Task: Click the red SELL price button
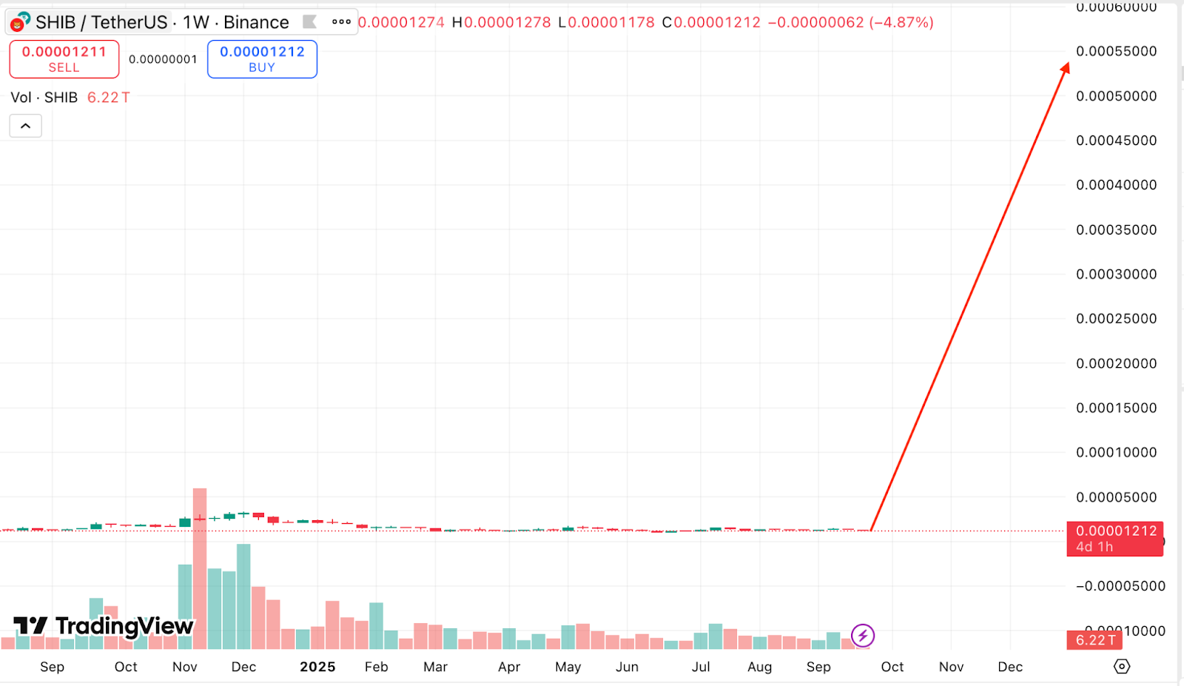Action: click(64, 59)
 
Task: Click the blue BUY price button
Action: click(262, 59)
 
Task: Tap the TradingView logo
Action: click(104, 626)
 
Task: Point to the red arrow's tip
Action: click(1068, 64)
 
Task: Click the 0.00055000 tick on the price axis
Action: click(1116, 51)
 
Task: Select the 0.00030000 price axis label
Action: click(1116, 274)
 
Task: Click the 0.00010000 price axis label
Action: click(1116, 452)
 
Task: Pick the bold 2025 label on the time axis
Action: click(317, 667)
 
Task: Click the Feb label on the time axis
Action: click(376, 667)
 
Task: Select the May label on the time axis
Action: click(568, 667)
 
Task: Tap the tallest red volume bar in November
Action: click(200, 568)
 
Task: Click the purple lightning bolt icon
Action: click(863, 635)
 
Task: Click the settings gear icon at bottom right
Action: click(1122, 666)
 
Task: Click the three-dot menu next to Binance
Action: click(341, 22)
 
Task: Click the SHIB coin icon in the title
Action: click(19, 22)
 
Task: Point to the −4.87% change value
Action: click(901, 22)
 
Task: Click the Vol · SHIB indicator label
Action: click(44, 98)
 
